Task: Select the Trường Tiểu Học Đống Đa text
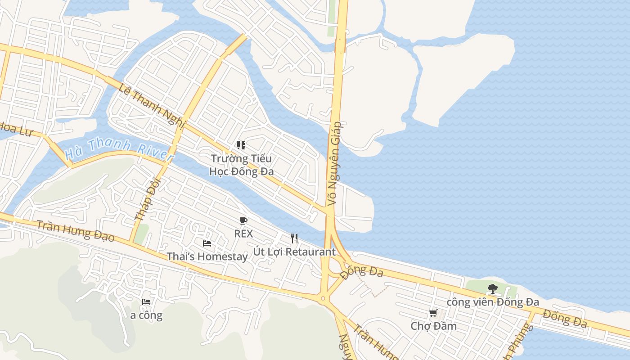pyautogui.click(x=242, y=165)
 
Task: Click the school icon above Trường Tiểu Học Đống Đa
pyautogui.click(x=241, y=145)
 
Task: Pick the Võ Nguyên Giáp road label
pyautogui.click(x=335, y=164)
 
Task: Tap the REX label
pyautogui.click(x=243, y=234)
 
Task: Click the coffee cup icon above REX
pyautogui.click(x=243, y=220)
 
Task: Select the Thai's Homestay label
pyautogui.click(x=207, y=256)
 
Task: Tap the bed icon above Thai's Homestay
pyautogui.click(x=207, y=243)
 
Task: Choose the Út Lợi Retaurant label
pyautogui.click(x=294, y=252)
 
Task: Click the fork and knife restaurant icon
pyautogui.click(x=294, y=238)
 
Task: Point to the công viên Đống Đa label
pyautogui.click(x=492, y=302)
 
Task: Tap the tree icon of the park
pyautogui.click(x=492, y=289)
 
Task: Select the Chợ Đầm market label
pyautogui.click(x=433, y=326)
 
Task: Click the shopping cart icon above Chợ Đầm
pyautogui.click(x=433, y=313)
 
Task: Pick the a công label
pyautogui.click(x=146, y=315)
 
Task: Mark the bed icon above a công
pyautogui.click(x=146, y=302)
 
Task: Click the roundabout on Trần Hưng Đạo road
pyautogui.click(x=323, y=298)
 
